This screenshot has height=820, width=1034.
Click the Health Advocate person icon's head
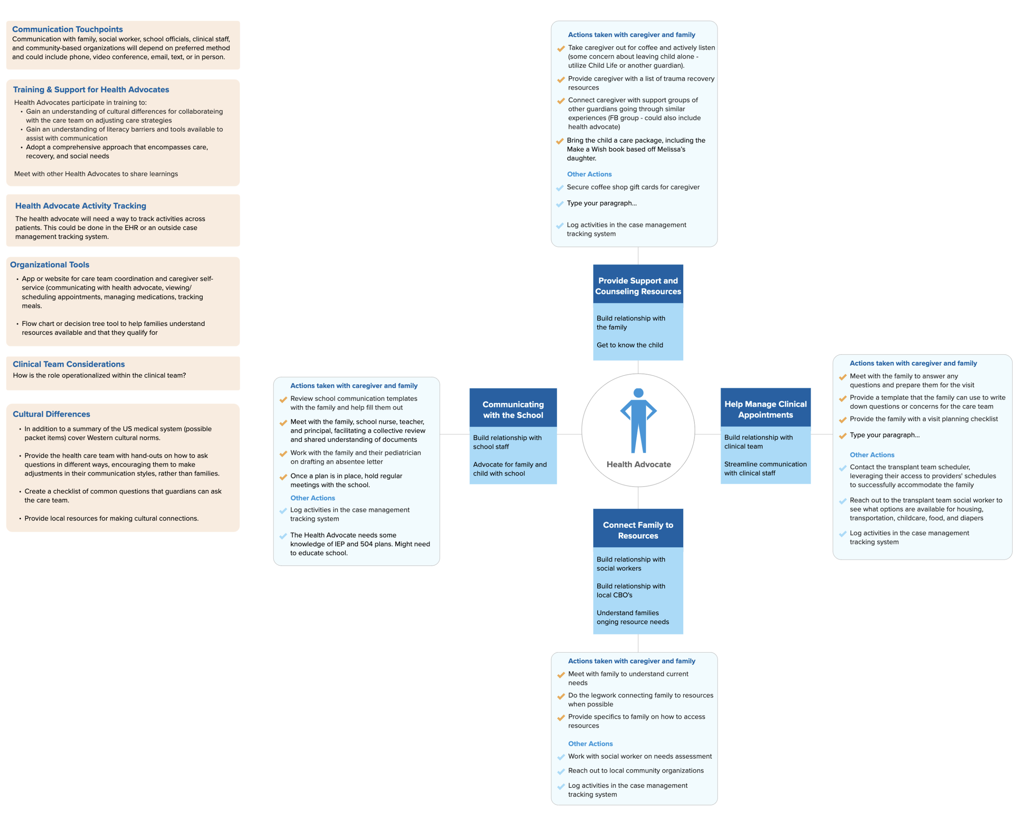point(638,393)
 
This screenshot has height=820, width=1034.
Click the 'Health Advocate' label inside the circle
point(638,464)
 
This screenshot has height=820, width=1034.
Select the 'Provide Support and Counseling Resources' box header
point(638,286)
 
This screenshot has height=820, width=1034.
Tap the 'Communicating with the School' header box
point(513,409)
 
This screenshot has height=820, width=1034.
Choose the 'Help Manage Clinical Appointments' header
point(766,409)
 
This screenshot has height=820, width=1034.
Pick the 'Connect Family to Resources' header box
point(638,530)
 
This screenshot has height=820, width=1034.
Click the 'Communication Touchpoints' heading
point(67,29)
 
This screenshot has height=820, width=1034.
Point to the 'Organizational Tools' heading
point(49,265)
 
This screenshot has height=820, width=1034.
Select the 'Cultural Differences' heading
point(51,414)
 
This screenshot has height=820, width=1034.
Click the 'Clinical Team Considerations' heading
point(69,364)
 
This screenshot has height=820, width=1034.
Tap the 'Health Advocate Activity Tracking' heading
point(81,206)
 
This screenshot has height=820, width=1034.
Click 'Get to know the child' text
point(629,345)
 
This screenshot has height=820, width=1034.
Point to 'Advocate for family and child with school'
point(509,469)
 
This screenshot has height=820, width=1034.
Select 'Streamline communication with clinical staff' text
point(765,468)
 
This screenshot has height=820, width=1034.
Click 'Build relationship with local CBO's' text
point(631,590)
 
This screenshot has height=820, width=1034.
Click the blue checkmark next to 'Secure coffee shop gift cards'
point(560,188)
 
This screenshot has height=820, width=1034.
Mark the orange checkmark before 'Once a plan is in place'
point(283,477)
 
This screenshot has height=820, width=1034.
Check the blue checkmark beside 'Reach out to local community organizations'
point(561,772)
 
